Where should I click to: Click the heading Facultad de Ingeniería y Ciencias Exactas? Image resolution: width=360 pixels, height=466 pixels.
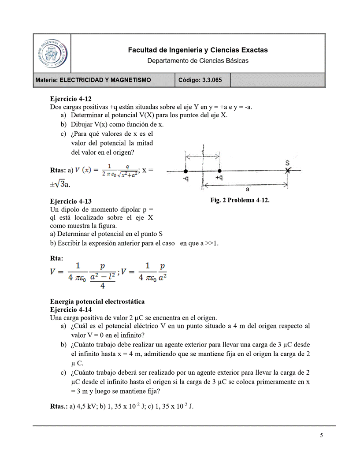(197, 50)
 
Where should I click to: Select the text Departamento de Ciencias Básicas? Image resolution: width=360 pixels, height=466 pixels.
(197, 60)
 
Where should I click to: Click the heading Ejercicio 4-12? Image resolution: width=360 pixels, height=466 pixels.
(71, 99)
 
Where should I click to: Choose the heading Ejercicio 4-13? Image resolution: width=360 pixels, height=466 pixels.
(71, 201)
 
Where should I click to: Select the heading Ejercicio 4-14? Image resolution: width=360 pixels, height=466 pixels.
(71, 309)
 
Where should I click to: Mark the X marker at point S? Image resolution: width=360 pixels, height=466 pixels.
(288, 171)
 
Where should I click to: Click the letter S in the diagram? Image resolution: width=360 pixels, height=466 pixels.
(287, 162)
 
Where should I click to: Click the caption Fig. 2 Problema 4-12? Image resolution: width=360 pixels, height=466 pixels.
(240, 200)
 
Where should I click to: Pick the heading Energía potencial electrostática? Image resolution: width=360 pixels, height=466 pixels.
(97, 302)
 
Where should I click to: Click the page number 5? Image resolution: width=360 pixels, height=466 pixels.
(322, 436)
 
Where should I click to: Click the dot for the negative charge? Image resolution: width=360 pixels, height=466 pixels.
(186, 171)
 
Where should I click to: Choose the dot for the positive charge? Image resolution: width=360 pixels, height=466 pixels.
(219, 171)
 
